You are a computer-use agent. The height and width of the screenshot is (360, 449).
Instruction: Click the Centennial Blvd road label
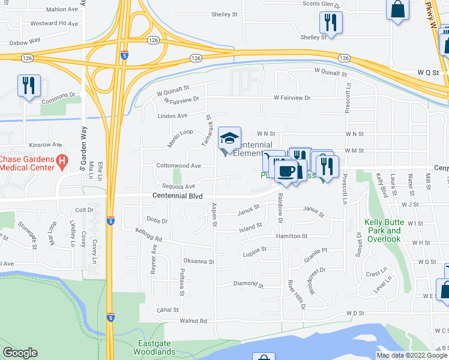(173, 196)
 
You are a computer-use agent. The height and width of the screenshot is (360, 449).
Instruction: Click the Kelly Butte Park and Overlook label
(382, 230)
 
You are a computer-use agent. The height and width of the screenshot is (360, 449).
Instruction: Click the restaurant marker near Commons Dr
(28, 85)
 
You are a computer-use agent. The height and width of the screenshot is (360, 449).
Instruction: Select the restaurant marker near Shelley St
(330, 23)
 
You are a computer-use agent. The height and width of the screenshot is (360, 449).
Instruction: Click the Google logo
(20, 353)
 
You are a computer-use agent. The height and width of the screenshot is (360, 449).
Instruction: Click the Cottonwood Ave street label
(178, 166)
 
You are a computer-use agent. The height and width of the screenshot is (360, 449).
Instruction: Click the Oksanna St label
(199, 262)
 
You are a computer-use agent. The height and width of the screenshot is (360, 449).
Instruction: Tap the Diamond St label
(248, 284)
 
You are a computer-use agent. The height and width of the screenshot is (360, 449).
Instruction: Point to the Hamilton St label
(292, 236)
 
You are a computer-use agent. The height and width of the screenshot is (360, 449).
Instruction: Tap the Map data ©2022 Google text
(412, 355)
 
